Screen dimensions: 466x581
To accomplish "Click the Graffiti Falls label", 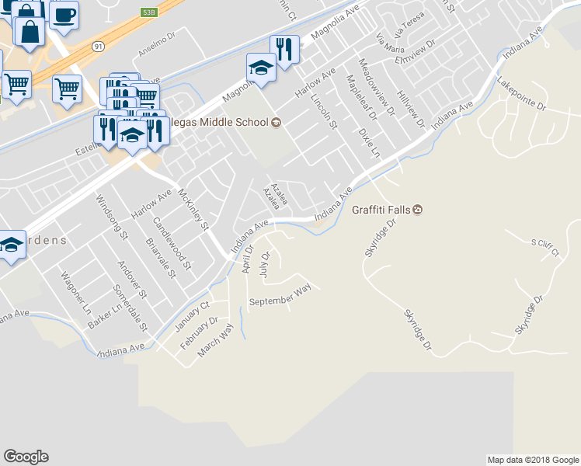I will (381, 210).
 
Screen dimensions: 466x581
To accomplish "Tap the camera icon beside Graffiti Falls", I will (418, 210).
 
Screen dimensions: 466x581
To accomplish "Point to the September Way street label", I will (279, 295).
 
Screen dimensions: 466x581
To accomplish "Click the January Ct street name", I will (194, 315).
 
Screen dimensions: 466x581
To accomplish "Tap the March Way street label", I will (215, 340).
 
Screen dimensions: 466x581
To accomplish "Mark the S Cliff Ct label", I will (545, 246).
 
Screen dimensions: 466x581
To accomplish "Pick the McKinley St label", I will (194, 210).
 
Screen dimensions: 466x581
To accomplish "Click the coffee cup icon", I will (64, 14).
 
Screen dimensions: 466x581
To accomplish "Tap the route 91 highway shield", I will (98, 47).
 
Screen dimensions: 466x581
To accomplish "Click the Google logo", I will (26, 457).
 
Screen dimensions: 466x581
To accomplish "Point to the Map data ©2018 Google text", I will (532, 460).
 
